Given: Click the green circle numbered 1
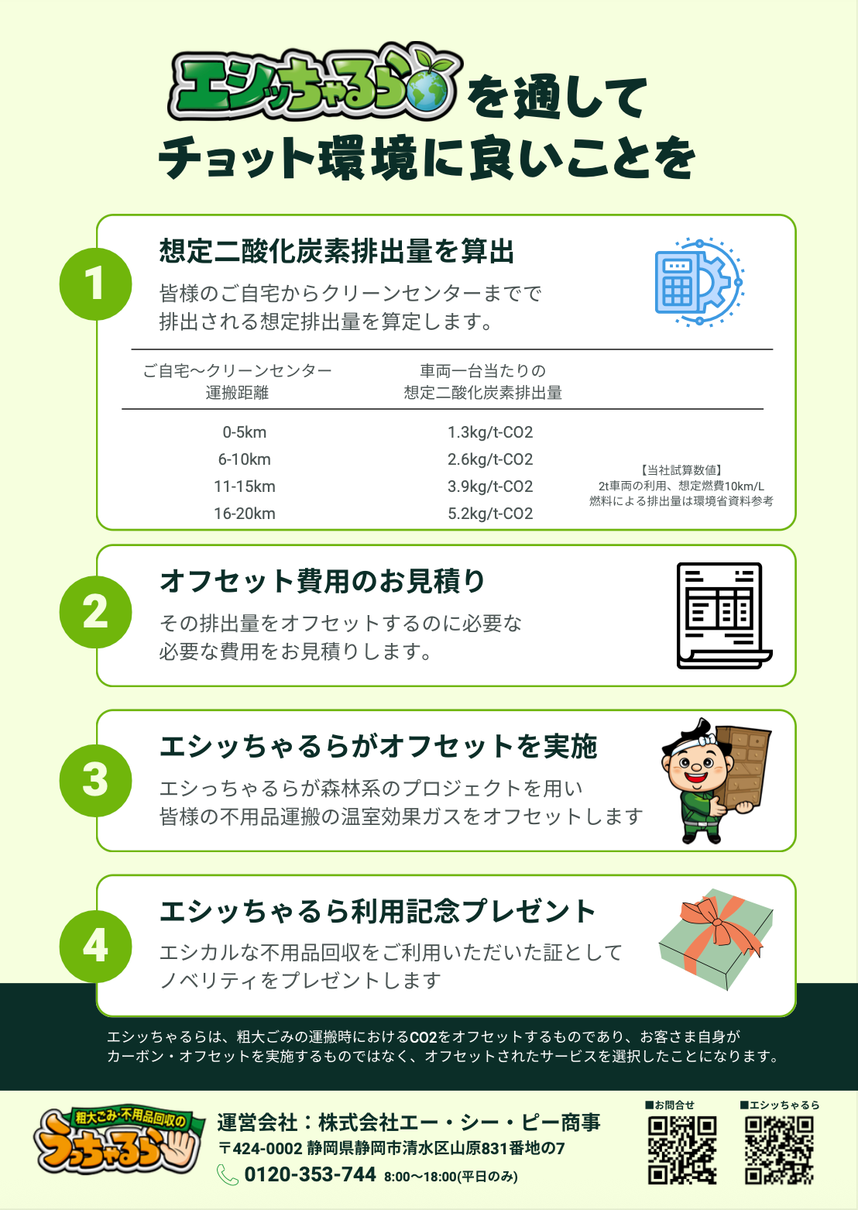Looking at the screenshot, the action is [95, 284].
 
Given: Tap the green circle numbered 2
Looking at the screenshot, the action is [95, 612].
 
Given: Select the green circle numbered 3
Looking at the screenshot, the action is [95, 781].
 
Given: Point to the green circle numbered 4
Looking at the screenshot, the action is [95, 947].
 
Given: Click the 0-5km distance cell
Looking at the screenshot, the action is [245, 432].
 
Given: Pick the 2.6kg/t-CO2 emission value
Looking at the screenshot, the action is [489, 459].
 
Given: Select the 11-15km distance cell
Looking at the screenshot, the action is [245, 486].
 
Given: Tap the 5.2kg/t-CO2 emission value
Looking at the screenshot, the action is [489, 513].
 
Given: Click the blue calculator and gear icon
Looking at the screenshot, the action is [699, 282].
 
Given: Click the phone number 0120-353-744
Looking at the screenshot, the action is [310, 1174].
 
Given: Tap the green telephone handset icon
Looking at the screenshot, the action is [228, 1175].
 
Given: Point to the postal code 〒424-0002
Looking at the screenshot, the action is [260, 1149].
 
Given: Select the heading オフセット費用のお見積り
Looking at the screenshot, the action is [322, 581].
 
